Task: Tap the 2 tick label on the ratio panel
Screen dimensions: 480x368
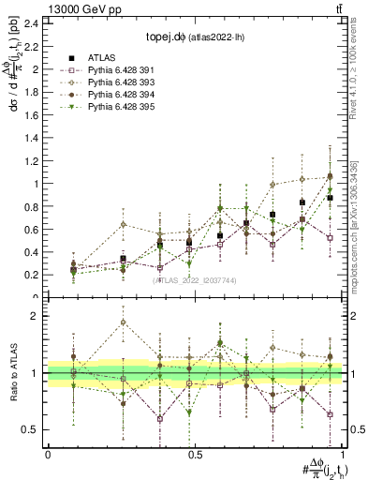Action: pyautogui.click(x=37, y=316)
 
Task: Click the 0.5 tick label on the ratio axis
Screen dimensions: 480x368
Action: pyautogui.click(x=32, y=429)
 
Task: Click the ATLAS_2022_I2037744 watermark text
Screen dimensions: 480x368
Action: pyautogui.click(x=195, y=280)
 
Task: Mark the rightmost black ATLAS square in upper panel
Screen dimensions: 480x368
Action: pyautogui.click(x=330, y=198)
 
